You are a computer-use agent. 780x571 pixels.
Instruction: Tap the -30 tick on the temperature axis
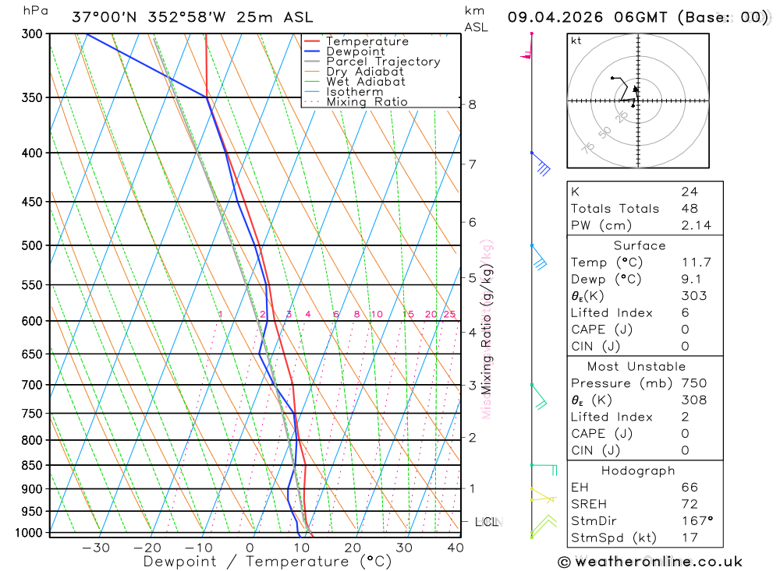[96, 547]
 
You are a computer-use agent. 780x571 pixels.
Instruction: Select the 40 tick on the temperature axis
[456, 547]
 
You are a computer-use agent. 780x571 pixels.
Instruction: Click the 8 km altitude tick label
[473, 104]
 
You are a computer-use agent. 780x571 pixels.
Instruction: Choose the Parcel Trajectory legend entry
[382, 62]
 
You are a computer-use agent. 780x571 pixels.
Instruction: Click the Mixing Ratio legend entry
[367, 102]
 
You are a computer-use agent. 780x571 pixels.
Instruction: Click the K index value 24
[689, 192]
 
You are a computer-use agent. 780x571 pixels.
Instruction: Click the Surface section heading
[639, 245]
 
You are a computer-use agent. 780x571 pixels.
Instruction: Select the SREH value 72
[689, 504]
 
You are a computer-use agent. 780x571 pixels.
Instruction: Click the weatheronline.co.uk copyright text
[650, 562]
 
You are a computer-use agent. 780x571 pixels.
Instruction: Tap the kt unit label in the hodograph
[576, 41]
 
